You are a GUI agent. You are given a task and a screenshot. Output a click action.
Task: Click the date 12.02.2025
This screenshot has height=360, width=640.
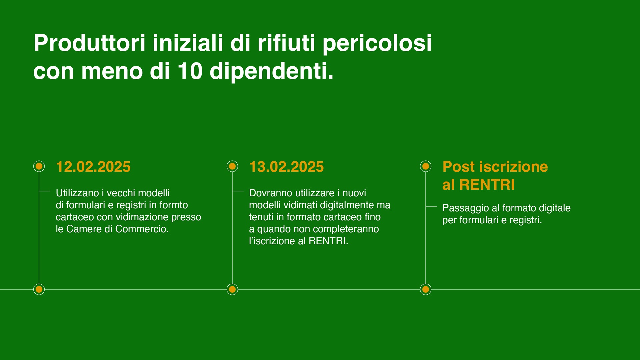[93, 167]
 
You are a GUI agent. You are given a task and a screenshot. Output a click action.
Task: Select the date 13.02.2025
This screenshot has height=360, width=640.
[286, 167]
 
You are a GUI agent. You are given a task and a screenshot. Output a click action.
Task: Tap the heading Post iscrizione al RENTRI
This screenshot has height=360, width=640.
[495, 176]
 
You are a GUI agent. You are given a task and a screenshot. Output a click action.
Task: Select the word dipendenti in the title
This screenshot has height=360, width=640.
[271, 72]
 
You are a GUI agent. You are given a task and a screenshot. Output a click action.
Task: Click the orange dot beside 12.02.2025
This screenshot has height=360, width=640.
[39, 166]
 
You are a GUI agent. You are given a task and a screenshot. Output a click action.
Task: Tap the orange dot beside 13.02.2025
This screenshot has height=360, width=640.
[232, 166]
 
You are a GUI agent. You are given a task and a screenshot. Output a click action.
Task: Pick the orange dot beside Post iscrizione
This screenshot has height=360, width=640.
[426, 166]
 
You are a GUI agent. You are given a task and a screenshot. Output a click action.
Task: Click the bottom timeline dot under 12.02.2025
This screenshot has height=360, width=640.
[39, 289]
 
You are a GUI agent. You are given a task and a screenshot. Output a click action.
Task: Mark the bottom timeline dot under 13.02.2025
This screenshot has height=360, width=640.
[232, 289]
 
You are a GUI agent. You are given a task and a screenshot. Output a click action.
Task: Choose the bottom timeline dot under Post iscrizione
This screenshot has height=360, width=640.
[426, 289]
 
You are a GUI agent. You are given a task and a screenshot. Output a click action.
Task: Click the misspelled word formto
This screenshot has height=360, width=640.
[174, 205]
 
